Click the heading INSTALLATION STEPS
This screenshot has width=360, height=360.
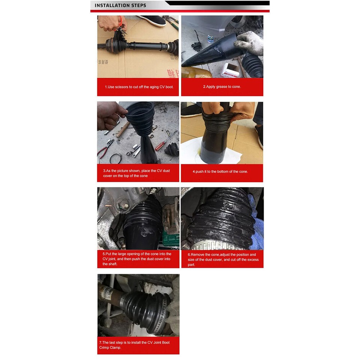[x=120, y=5]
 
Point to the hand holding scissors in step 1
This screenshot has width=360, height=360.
[x=112, y=23]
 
